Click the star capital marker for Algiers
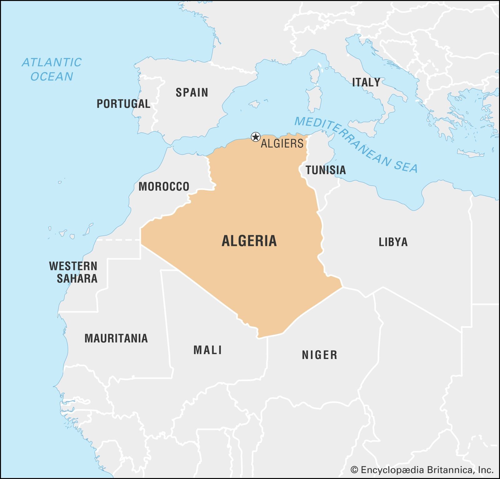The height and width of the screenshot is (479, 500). [x=256, y=137]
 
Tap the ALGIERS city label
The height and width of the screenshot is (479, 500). [x=282, y=144]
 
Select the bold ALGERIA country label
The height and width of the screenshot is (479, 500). [x=249, y=241]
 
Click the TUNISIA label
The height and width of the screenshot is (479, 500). [x=326, y=170]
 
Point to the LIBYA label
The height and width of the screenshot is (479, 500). [x=393, y=242]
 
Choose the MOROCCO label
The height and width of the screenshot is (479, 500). [x=164, y=187]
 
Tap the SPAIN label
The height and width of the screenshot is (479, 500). [x=192, y=92]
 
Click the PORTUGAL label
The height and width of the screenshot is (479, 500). [x=123, y=104]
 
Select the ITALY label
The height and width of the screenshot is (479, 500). [x=366, y=82]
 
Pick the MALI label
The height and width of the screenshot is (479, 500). [x=207, y=350]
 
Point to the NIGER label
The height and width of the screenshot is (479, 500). [x=319, y=355]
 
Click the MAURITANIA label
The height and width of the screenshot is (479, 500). [x=116, y=338]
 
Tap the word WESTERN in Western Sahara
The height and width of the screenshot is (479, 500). [x=73, y=266]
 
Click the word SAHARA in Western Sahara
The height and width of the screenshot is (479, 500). [x=77, y=278]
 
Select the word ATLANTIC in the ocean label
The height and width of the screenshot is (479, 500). [x=52, y=62]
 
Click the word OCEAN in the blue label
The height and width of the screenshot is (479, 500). [x=52, y=77]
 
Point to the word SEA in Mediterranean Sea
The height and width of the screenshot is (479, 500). [x=405, y=166]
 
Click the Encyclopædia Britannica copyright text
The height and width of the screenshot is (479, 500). [x=422, y=470]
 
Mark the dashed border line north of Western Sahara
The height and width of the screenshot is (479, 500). [x=119, y=240]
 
